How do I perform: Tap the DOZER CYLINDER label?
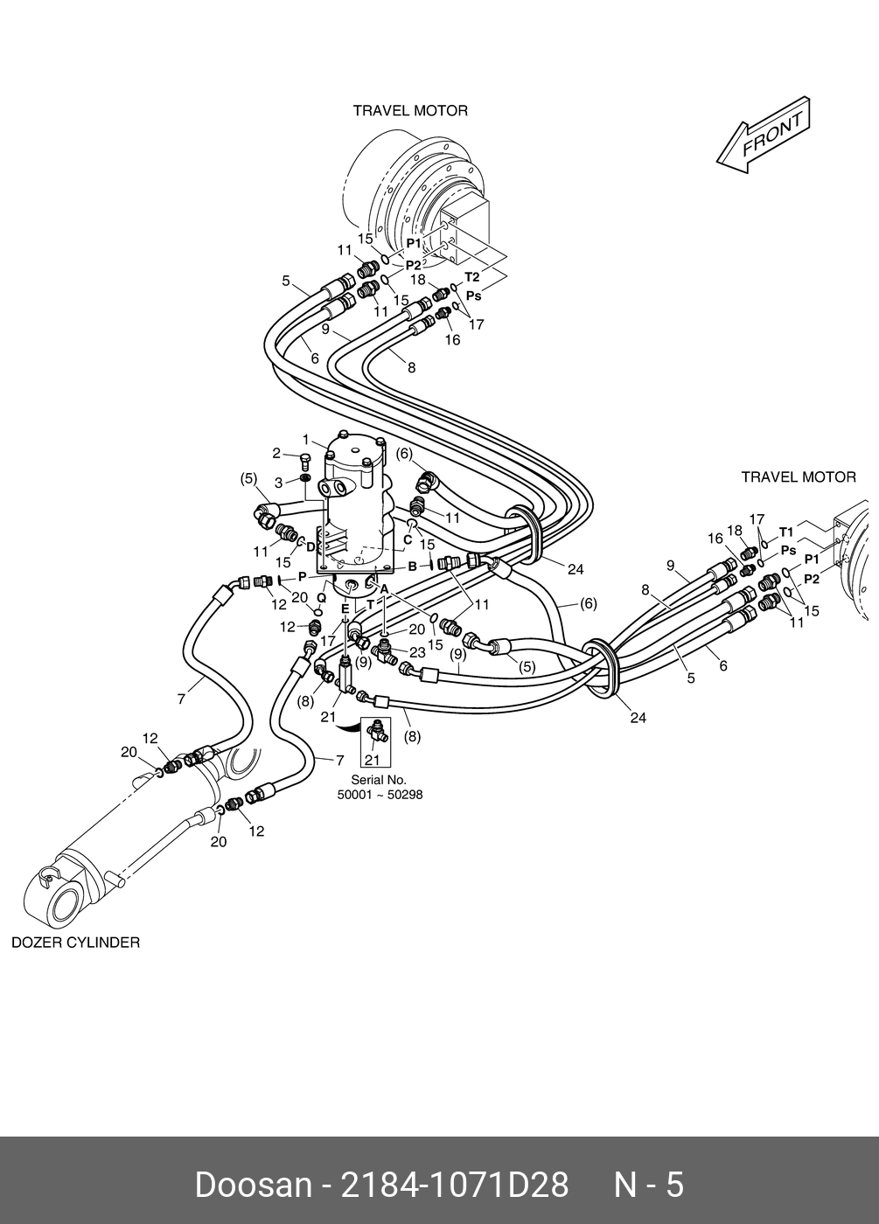(76, 942)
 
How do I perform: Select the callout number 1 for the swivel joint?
(306, 439)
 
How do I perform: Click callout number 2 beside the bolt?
(276, 453)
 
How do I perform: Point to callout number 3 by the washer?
(279, 483)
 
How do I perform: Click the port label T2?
(471, 276)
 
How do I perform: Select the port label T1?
(786, 532)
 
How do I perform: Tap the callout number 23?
(418, 652)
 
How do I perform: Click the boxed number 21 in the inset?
(373, 760)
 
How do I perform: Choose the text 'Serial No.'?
(379, 780)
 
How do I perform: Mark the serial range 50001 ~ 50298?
(380, 795)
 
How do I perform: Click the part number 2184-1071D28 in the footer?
(455, 1186)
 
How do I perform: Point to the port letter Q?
(322, 598)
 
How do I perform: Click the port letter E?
(345, 609)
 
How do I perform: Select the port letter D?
(310, 546)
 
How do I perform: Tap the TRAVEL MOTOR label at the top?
(410, 111)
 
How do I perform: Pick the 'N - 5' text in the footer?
(649, 1186)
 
